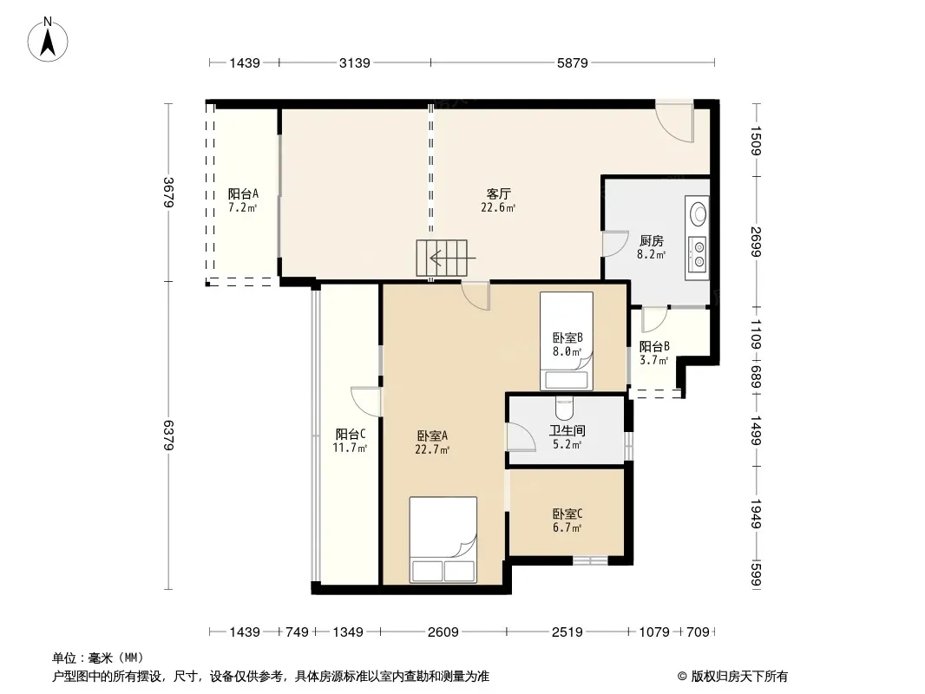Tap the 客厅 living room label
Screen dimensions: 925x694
tap(498, 193)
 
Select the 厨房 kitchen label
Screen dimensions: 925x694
tap(652, 240)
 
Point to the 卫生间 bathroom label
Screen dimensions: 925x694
tap(567, 430)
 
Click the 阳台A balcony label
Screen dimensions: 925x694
tap(243, 193)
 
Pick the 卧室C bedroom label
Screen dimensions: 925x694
tap(567, 514)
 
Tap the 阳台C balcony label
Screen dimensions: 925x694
tap(351, 434)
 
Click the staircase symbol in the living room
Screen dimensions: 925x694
tap(443, 258)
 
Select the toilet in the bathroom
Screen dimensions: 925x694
tap(565, 407)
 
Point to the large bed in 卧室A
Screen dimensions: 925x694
tap(443, 540)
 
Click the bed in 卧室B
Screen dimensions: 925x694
tap(567, 341)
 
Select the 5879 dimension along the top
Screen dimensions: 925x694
tap(572, 62)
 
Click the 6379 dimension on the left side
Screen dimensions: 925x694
tap(168, 435)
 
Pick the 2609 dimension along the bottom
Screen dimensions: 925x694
tap(443, 632)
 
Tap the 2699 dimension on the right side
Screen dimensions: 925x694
tap(757, 242)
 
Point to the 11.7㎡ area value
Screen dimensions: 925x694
tap(350, 448)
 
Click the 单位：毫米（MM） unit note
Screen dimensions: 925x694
tap(98, 658)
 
